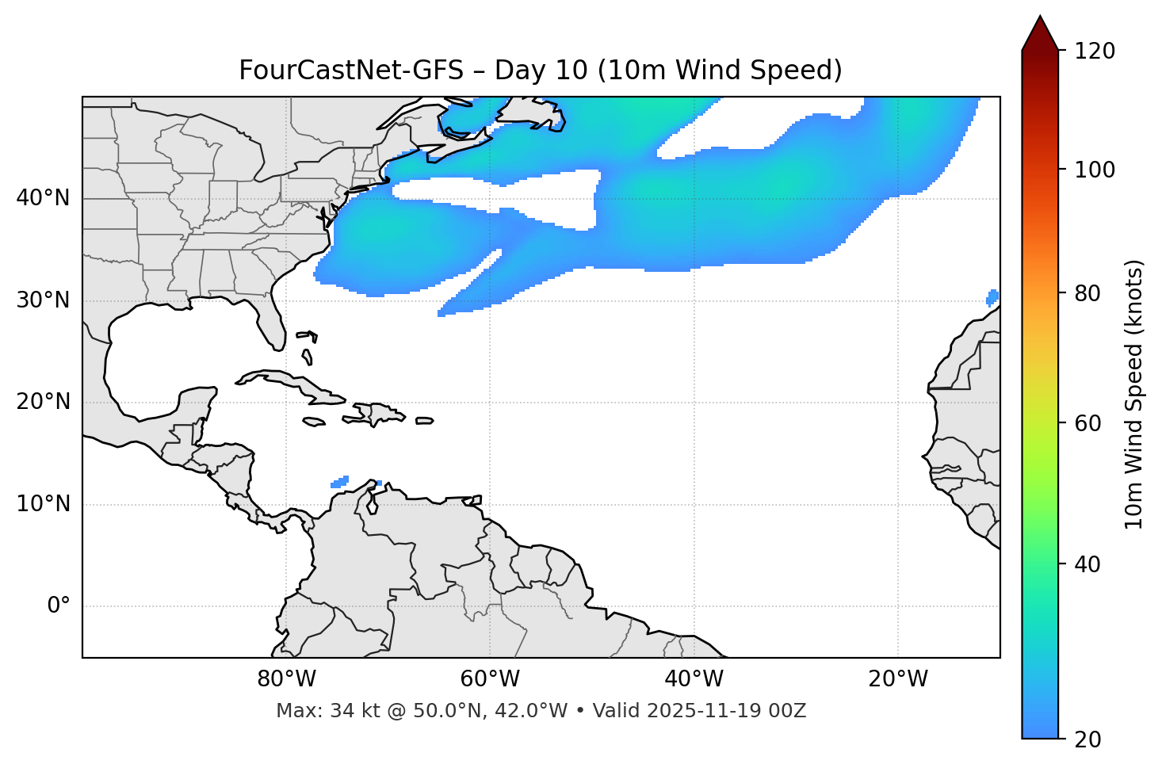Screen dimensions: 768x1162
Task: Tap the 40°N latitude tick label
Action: click(43, 198)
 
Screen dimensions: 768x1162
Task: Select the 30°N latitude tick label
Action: click(43, 300)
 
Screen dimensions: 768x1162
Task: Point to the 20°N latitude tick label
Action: click(43, 402)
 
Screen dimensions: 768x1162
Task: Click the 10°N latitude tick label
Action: click(43, 504)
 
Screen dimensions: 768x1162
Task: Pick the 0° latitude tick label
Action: click(59, 606)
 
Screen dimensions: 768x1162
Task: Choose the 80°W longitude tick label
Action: click(286, 679)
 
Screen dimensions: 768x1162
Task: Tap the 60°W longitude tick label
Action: click(490, 679)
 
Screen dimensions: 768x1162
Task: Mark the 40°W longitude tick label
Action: click(694, 679)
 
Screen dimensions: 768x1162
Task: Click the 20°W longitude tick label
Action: click(898, 679)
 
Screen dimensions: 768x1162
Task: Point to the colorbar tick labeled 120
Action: click(1095, 52)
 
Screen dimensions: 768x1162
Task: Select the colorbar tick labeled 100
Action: click(1095, 170)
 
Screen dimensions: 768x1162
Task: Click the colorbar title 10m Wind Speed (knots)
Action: click(1134, 395)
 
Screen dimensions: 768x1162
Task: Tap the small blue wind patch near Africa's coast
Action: click(992, 297)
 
